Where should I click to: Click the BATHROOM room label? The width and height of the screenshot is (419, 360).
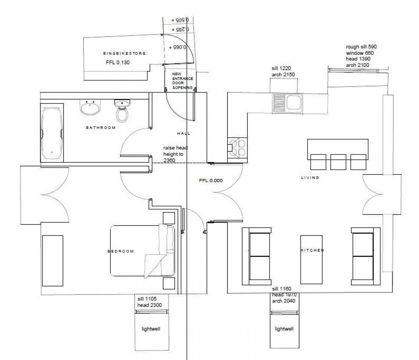101,128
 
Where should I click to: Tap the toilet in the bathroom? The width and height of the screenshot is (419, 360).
122,111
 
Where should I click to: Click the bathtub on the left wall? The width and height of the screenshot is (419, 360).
52,134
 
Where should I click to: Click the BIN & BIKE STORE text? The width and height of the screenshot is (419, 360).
124,54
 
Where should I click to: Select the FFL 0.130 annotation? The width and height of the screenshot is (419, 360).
118,62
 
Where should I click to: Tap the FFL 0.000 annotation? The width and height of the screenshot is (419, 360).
210,180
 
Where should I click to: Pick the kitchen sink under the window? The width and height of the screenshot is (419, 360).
287,102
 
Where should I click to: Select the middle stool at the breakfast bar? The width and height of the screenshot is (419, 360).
338,162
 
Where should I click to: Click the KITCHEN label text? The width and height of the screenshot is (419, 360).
312,250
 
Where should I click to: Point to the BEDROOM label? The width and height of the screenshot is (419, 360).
121,251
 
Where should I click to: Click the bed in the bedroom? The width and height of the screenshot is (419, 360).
142,251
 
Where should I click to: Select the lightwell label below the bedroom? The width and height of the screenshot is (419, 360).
151,329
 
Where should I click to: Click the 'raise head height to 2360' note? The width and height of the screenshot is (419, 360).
175,154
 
